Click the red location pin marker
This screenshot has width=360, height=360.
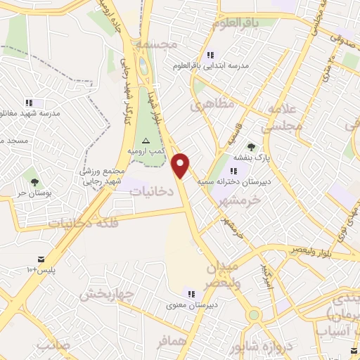[181, 165]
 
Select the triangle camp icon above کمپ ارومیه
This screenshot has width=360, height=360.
[146, 141]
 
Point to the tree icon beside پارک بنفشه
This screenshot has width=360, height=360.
[251, 147]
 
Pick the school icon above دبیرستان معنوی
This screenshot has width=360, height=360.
[191, 293]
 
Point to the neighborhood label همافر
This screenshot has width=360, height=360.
[173, 341]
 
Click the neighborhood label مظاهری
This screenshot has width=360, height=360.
[210, 105]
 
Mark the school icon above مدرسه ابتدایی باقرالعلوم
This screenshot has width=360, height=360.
[209, 55]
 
